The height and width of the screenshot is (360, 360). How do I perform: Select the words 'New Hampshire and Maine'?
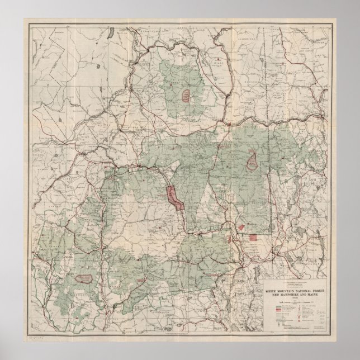pyautogui.click(x=302, y=294)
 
